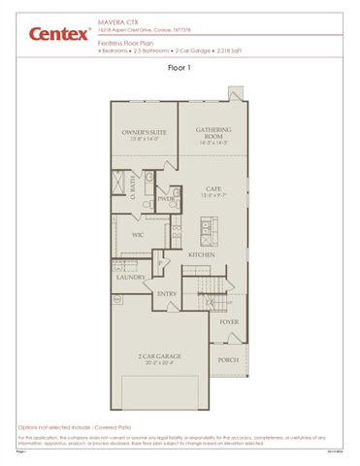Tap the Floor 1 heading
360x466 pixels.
pyautogui.click(x=180, y=68)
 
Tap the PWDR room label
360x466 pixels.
pyautogui.click(x=164, y=200)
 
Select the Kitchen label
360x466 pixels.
pyautogui.click(x=202, y=254)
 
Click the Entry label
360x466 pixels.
pyautogui.click(x=167, y=294)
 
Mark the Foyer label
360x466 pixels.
pyautogui.click(x=229, y=321)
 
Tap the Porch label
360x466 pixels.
pyautogui.click(x=228, y=360)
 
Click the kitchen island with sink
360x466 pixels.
pyautogui.click(x=206, y=232)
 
